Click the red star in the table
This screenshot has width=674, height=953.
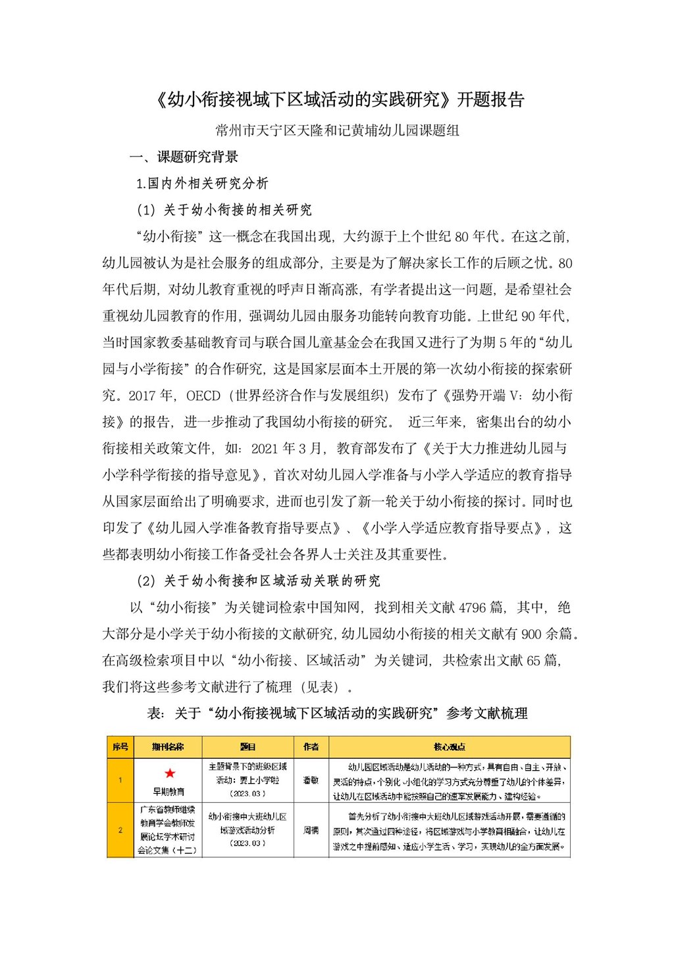point(170,773)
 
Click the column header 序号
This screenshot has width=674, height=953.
point(120,747)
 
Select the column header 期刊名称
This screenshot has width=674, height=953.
point(168,747)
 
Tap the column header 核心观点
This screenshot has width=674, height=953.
point(450,747)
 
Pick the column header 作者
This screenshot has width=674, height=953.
point(311,747)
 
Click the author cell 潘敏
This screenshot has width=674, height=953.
point(311,780)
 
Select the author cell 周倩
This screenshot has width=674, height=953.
point(311,831)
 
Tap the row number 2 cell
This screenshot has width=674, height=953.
point(120,830)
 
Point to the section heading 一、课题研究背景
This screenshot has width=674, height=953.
point(184,157)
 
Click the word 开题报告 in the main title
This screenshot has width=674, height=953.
point(490,100)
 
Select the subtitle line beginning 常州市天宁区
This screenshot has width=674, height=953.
point(338,130)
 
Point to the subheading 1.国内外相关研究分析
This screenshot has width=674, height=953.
point(202,184)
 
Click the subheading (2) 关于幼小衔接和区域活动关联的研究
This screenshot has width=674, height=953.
point(258,581)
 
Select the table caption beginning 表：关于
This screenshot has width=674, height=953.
point(337,713)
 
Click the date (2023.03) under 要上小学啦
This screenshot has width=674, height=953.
point(247,794)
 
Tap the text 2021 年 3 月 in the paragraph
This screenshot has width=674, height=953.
point(288,449)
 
